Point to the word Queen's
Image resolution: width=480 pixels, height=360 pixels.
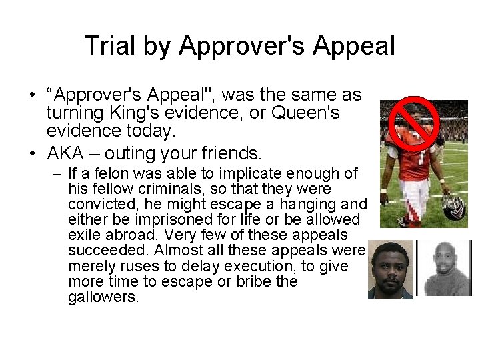(302, 113)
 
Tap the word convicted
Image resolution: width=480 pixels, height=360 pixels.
(96, 205)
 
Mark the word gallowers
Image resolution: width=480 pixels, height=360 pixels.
(103, 297)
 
